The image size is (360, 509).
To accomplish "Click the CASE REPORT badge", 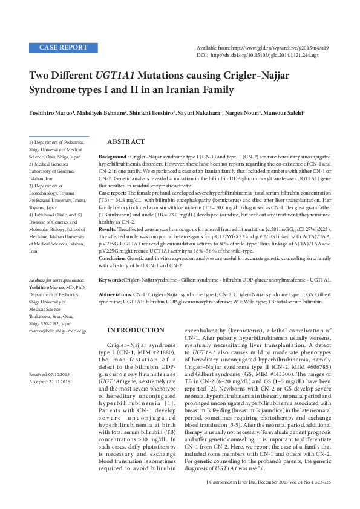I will (x=62, y=47).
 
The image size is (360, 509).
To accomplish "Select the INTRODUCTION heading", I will (x=135, y=330).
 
